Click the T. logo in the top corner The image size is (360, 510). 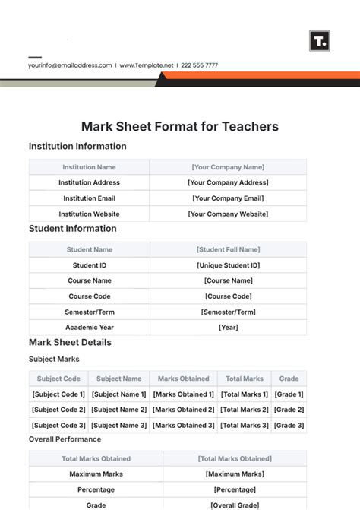coord(320,41)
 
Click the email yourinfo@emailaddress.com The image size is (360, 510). coord(70,65)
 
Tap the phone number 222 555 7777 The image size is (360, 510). coord(201,65)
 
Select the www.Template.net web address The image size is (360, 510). coord(147,65)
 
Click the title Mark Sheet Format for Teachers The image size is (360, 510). coord(180,127)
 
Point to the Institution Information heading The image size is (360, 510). coord(77,147)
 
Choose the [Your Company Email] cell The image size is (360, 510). coord(228,198)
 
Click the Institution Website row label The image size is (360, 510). coord(90,214)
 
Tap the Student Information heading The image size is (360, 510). coord(73,229)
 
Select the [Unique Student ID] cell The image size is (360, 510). coord(228,265)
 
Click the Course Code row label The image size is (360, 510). coord(90,296)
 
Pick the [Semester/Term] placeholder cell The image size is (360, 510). coord(228,312)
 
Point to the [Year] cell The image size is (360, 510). coord(228,328)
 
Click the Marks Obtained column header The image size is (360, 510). coord(183,379)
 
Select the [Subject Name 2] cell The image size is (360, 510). coord(119,410)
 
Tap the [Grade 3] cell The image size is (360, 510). coord(289,426)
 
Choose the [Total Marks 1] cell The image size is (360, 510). coord(244,394)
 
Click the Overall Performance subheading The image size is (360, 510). coord(65,439)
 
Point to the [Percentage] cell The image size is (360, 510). coord(235,490)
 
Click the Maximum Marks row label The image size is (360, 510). coord(96,474)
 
